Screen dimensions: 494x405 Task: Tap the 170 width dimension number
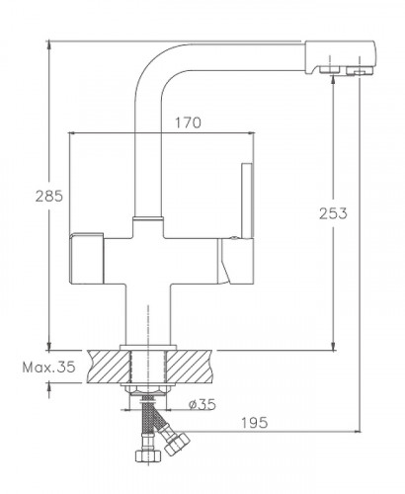pyautogui.click(x=188, y=123)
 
